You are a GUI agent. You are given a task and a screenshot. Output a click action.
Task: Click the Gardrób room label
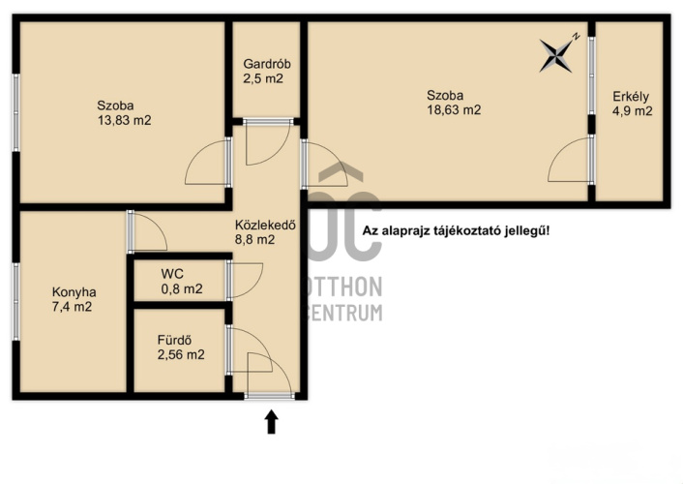coord(267,64)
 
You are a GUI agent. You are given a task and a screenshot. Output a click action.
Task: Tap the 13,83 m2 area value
coord(124,120)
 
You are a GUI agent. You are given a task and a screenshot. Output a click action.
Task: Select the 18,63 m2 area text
coord(454,110)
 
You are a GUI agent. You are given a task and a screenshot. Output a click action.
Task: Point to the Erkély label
coord(631,97)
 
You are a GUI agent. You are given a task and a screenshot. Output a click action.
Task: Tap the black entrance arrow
coord(272,422)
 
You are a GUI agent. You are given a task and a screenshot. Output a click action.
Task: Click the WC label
coord(172,274)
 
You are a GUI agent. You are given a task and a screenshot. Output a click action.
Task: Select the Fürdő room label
coord(174,340)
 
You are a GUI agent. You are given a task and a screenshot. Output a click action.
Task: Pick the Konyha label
coord(74,292)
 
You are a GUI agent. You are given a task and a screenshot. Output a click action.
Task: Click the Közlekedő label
coord(265,225)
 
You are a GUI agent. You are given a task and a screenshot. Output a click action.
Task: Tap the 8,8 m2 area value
coord(254,239)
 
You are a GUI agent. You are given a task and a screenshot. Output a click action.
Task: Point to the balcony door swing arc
coord(559,150)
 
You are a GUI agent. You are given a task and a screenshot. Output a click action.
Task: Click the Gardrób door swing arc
coord(279,153)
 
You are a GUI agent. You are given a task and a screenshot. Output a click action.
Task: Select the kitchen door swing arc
coord(158,225)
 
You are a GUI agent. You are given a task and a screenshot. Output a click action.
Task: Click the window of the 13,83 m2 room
coord(16,113)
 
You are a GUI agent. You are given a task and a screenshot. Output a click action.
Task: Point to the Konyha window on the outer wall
coord(16,301)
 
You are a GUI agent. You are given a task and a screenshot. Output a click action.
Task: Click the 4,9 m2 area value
coord(633,111)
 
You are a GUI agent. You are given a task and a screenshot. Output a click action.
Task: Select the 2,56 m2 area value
coord(181,355)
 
